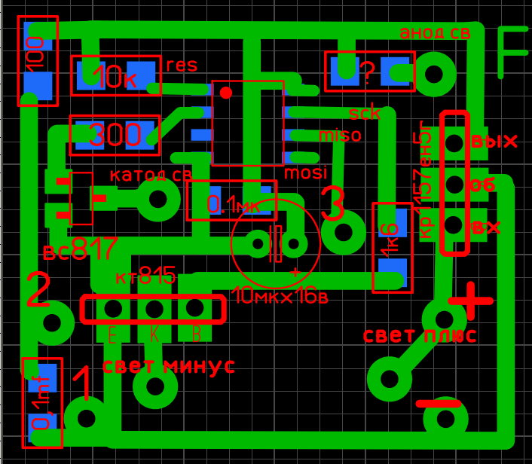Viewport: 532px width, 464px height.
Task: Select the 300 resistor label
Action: click(115, 136)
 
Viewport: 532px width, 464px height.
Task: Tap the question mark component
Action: click(368, 72)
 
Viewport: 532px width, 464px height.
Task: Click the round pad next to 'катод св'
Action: click(158, 200)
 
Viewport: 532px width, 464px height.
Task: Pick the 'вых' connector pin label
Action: click(494, 142)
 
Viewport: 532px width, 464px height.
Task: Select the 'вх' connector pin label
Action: click(486, 226)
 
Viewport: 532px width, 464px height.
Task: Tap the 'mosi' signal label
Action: click(306, 173)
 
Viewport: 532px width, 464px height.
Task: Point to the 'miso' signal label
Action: click(341, 136)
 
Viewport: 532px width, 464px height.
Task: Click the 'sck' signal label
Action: click(365, 114)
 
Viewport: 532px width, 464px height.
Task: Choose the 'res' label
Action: click(182, 65)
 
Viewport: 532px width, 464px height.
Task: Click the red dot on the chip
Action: click(225, 93)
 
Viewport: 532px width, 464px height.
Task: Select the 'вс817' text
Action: click(80, 249)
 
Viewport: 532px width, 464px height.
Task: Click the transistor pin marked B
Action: click(195, 308)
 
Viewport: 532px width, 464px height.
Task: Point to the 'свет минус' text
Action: click(168, 367)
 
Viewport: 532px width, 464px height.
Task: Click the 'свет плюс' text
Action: click(420, 335)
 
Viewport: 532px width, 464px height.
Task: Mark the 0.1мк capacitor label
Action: click(233, 204)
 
